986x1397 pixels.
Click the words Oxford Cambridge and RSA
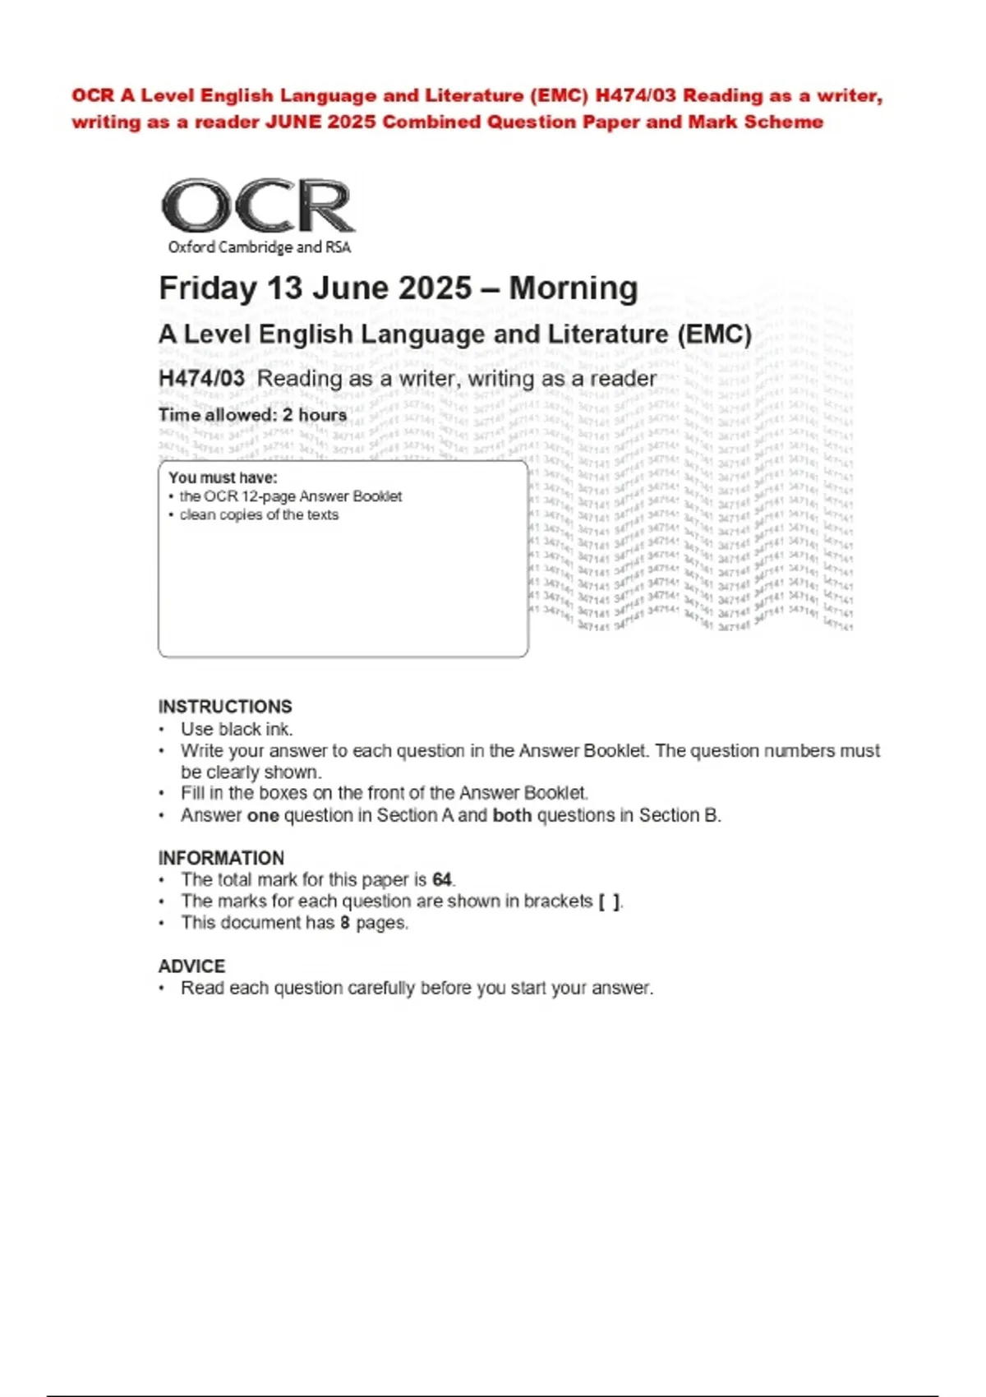259,247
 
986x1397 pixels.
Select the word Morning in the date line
573,288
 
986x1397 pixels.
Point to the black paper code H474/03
201,379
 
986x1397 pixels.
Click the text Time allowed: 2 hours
252,415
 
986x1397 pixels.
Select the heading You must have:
223,477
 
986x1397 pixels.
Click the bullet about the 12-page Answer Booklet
290,496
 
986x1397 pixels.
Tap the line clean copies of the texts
259,515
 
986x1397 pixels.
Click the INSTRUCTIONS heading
225,707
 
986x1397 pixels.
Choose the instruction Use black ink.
237,729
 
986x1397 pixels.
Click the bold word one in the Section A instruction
263,815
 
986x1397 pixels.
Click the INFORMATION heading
221,858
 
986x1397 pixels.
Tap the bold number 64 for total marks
442,879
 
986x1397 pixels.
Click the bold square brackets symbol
609,901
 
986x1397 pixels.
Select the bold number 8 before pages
346,923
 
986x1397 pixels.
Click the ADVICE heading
191,966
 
